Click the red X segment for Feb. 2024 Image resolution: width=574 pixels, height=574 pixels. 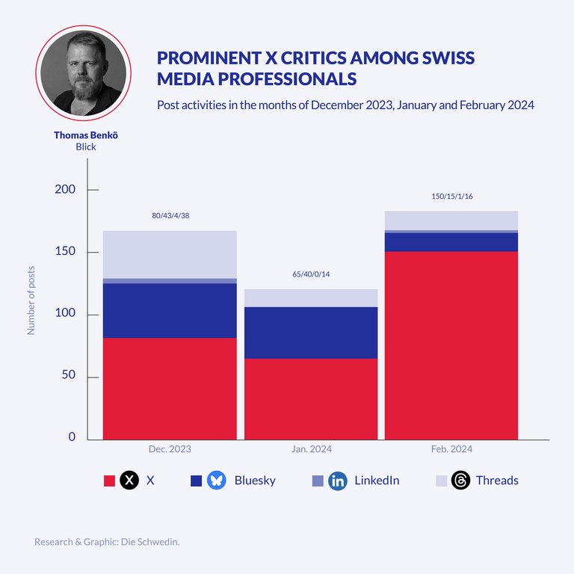click(451, 345)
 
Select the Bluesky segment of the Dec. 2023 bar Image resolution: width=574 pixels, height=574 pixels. click(170, 310)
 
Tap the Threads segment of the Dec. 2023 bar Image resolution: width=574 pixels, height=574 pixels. click(170, 254)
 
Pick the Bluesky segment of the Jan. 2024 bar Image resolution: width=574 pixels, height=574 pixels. click(311, 333)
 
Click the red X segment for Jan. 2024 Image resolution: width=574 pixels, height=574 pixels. click(311, 399)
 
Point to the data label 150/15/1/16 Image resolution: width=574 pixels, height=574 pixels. click(452, 197)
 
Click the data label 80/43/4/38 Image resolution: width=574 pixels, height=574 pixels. click(171, 216)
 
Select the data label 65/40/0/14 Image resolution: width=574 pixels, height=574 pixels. click(311, 274)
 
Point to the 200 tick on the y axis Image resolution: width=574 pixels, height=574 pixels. click(65, 190)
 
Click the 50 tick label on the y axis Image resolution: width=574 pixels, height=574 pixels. click(68, 376)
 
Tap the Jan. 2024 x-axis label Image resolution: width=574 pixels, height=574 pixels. click(312, 449)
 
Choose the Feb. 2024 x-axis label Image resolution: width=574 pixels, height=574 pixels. click(451, 449)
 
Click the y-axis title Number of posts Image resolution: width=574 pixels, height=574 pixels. click(31, 300)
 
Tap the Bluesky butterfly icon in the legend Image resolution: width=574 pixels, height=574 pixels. click(216, 481)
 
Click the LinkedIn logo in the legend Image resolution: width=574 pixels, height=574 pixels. click(338, 481)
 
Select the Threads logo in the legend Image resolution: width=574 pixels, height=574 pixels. click(460, 481)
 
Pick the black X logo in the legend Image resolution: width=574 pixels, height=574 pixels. click(129, 481)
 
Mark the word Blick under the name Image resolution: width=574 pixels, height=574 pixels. click(86, 147)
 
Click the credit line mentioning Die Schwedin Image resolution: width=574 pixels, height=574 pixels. click(107, 541)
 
